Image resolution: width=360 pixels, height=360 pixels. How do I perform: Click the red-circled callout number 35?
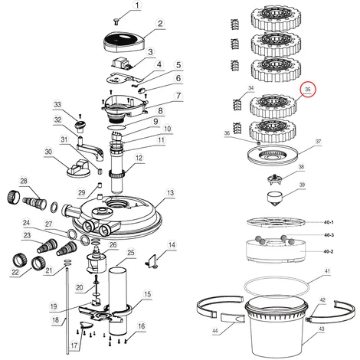click(308, 90)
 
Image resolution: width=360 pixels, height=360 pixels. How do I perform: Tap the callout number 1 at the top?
click(138, 5)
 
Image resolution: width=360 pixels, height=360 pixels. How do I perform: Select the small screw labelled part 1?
click(116, 22)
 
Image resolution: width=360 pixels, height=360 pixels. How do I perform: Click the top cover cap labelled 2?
click(124, 43)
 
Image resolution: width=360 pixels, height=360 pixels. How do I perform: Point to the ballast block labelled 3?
click(123, 63)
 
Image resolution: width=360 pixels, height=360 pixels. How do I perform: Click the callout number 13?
click(170, 193)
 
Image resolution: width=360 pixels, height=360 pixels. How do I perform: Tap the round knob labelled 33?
click(80, 126)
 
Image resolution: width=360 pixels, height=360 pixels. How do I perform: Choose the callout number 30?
click(48, 152)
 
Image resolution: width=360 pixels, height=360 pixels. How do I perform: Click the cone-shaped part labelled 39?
click(274, 199)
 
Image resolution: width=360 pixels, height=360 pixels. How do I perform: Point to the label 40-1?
click(329, 222)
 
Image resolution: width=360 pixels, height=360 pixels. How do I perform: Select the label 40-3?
click(329, 235)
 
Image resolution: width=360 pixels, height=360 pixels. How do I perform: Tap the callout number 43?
click(322, 329)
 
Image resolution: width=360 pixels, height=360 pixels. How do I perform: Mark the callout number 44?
click(215, 331)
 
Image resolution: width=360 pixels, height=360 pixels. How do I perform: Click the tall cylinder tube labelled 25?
click(117, 300)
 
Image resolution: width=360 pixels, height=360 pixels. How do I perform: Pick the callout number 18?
click(55, 319)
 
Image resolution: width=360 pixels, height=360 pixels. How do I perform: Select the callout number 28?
click(24, 181)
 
